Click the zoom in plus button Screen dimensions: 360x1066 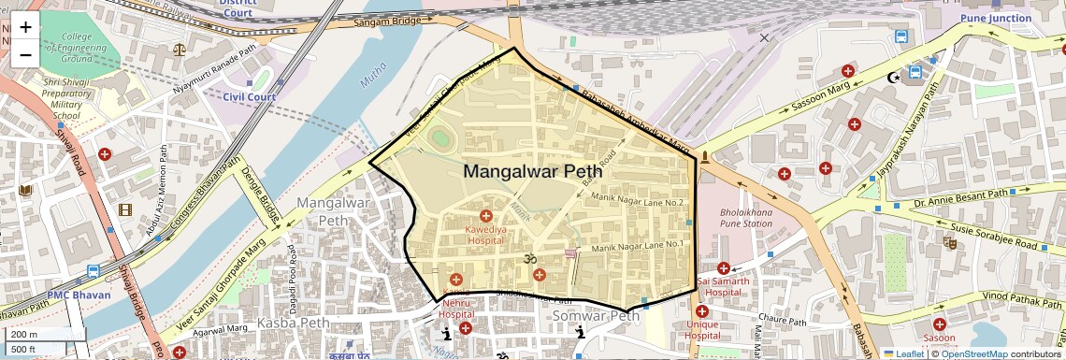point(25,27)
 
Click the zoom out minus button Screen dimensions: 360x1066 point(25,53)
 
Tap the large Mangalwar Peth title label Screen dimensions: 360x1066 point(533,171)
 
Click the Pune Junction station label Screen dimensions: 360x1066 point(995,17)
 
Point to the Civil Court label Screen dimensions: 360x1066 point(249,96)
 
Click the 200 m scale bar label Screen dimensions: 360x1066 point(24,334)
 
